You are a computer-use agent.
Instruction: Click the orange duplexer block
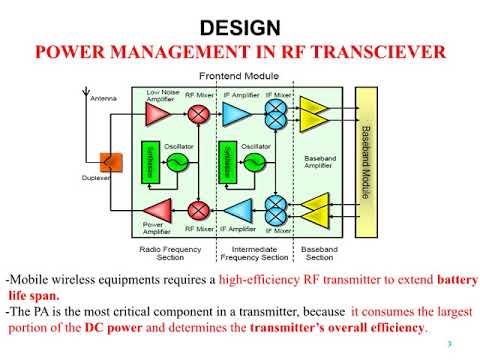coord(104,161)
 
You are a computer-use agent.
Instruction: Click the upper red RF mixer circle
coord(198,113)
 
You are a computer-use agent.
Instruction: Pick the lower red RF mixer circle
coord(198,210)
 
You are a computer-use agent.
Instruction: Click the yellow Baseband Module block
coord(366,161)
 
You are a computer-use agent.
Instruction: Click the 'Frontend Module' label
coord(232,76)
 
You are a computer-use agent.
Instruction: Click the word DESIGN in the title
coord(240,27)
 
